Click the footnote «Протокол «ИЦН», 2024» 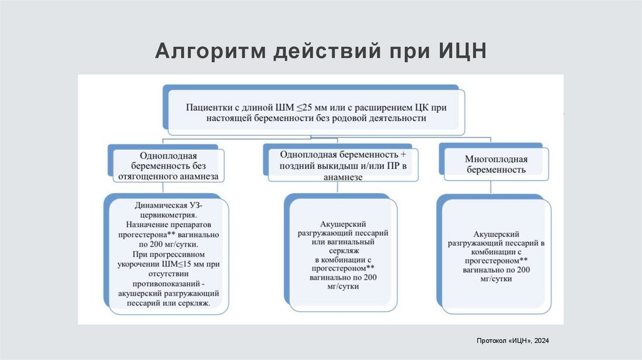[x=513, y=340]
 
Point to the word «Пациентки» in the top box [x=208, y=106]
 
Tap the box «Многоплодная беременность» [x=495, y=164]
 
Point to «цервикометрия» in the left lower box [x=168, y=214]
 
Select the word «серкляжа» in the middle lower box [x=344, y=250]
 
